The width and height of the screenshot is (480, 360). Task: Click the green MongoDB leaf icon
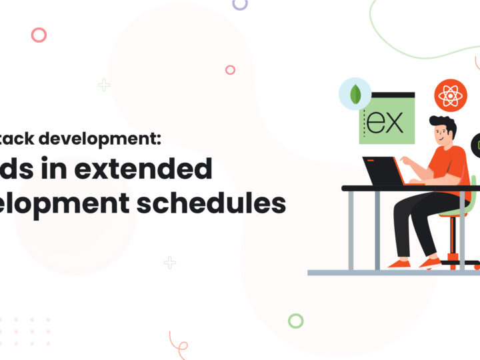click(355, 94)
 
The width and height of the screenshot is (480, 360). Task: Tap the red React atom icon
click(451, 95)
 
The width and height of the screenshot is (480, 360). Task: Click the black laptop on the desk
click(384, 171)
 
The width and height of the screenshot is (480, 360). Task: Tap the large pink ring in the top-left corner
click(39, 35)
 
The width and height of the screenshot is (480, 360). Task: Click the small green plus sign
click(104, 85)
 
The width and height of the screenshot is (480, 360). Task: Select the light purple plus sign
click(170, 262)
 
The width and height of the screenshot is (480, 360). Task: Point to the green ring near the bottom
click(295, 321)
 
